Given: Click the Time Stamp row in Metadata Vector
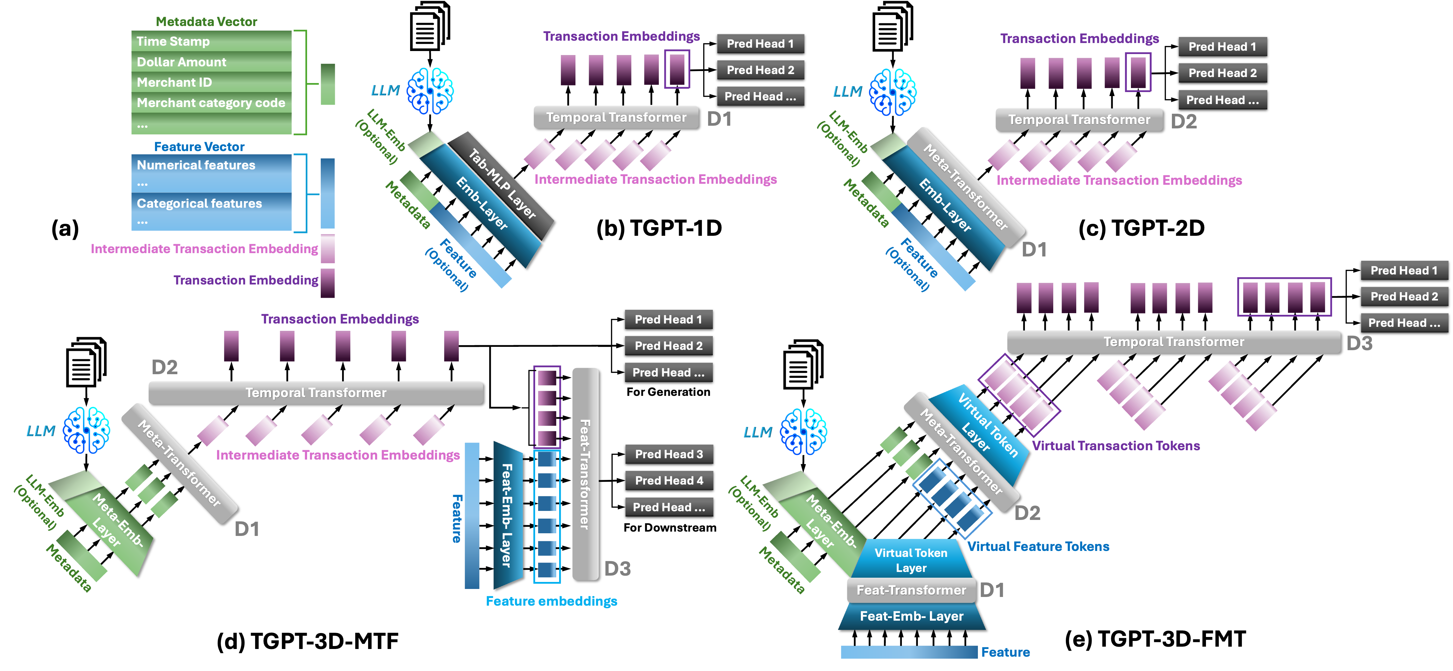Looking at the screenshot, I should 211,41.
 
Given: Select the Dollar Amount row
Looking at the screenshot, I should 211,61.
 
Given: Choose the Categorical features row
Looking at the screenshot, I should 211,203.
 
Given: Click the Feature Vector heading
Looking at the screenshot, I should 199,147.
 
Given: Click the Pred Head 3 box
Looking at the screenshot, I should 668,454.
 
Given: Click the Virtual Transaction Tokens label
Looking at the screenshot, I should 1115,446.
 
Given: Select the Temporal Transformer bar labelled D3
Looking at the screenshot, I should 1173,342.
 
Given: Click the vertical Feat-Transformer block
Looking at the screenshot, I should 585,474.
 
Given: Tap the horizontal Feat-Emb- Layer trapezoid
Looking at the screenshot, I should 911,616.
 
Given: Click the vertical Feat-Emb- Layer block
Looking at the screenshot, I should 506,515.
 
